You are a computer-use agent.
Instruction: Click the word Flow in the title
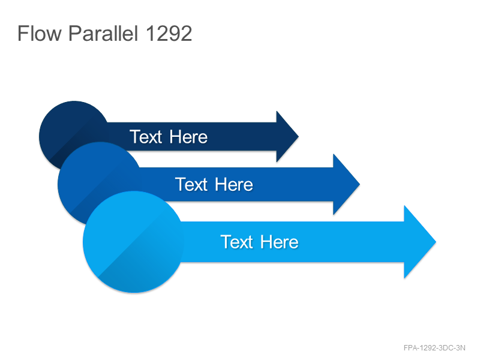[40, 33]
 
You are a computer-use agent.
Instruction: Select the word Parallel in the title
[103, 33]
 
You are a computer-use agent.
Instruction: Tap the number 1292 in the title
[169, 34]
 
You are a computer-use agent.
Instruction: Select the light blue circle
[133, 242]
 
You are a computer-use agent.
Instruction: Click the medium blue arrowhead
[346, 184]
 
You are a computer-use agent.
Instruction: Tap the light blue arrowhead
[419, 242]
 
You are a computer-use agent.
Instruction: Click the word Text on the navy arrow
[146, 137]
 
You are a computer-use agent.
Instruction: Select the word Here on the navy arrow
[188, 137]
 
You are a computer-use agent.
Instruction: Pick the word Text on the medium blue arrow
[191, 184]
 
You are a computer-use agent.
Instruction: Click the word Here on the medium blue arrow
[234, 185]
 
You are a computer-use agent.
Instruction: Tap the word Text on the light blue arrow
[236, 242]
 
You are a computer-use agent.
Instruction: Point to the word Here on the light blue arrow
[280, 242]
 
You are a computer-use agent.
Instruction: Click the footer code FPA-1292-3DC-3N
[434, 348]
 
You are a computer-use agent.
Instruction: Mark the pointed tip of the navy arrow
[298, 137]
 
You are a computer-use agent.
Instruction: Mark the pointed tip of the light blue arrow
[436, 242]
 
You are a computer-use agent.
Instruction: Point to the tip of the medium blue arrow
[359, 184]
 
